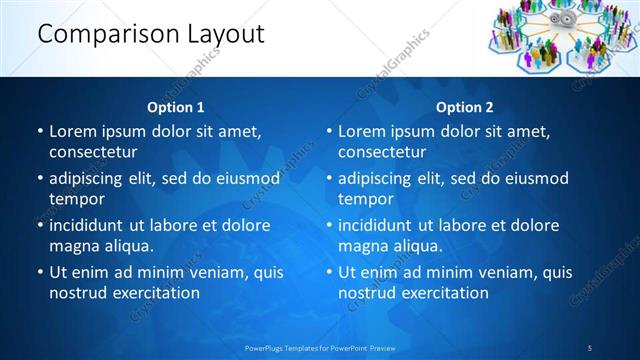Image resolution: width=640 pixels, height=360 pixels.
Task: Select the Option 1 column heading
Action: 176,107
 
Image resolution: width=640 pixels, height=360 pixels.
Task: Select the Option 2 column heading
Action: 465,107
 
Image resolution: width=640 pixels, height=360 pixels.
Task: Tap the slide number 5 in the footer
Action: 590,348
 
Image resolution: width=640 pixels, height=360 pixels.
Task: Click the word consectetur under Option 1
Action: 93,152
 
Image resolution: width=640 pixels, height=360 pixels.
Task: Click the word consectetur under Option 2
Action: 382,152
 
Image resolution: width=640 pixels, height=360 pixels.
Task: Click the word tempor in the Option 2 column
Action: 364,199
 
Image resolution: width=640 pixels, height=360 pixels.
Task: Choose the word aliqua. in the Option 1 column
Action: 127,246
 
